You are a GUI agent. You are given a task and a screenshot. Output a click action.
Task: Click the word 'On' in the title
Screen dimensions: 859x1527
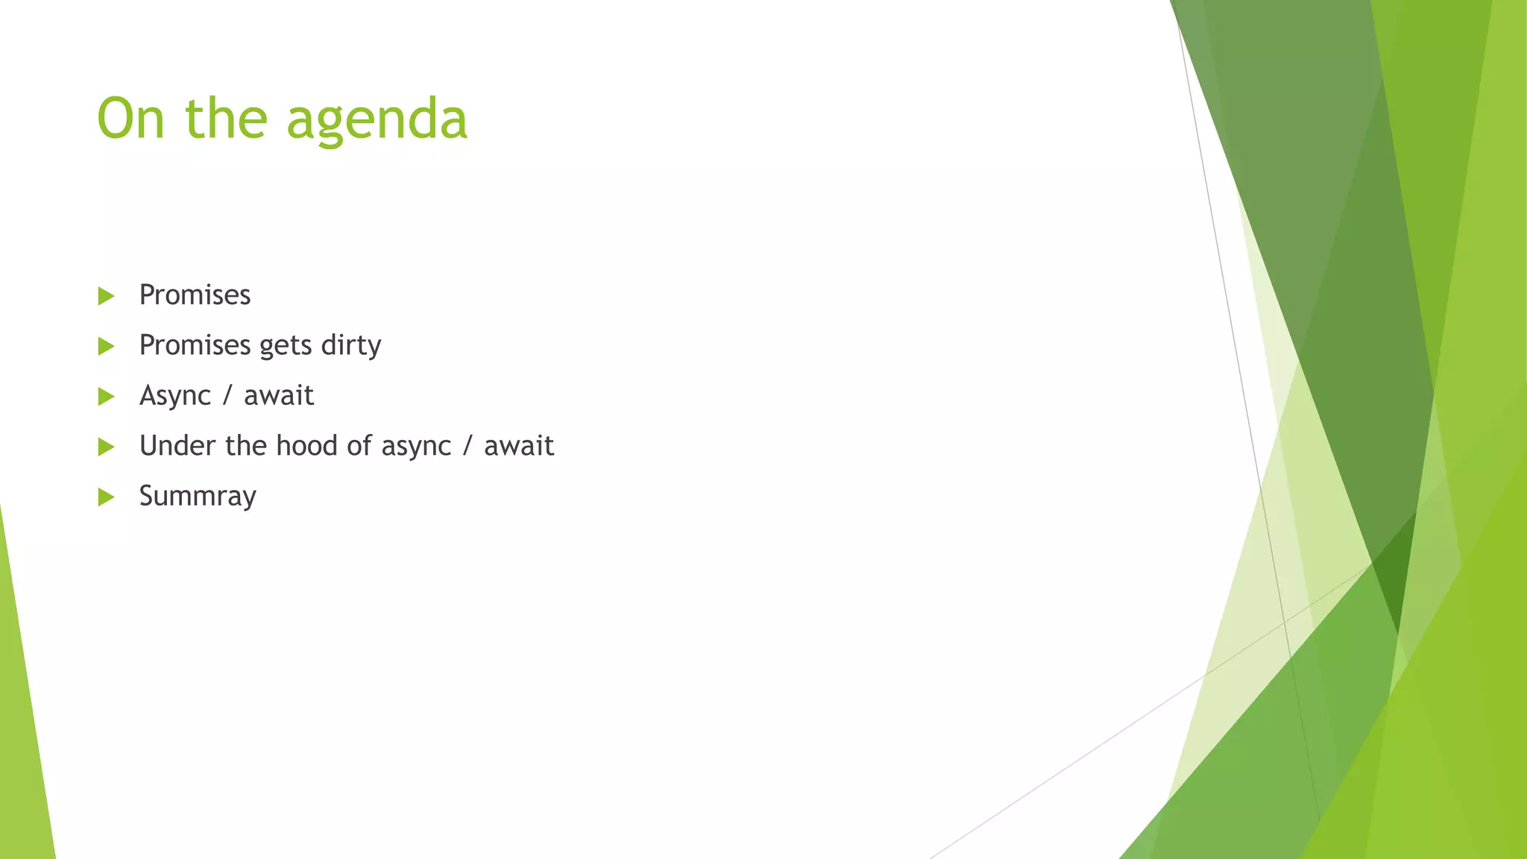pyautogui.click(x=130, y=119)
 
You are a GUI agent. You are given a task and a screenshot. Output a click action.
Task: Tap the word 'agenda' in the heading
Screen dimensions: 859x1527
pyautogui.click(x=377, y=121)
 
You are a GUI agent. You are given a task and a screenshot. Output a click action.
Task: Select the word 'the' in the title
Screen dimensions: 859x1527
pyautogui.click(x=226, y=119)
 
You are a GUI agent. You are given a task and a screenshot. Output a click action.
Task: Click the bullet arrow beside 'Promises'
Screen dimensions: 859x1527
pyautogui.click(x=106, y=296)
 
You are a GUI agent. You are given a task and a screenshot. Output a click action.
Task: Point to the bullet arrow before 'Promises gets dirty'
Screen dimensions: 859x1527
pyautogui.click(x=106, y=346)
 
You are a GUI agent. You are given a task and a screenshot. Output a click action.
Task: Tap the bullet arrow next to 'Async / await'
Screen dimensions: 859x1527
pyautogui.click(x=106, y=396)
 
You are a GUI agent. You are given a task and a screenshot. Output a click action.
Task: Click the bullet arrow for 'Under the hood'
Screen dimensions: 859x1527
pyautogui.click(x=106, y=447)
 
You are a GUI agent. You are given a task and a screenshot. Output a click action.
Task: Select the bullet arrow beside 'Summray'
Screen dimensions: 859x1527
pyautogui.click(x=106, y=497)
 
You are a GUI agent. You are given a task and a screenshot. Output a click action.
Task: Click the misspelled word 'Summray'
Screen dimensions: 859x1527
pyautogui.click(x=198, y=496)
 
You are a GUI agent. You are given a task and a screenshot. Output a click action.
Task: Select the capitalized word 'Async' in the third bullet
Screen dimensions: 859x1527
pyautogui.click(x=175, y=396)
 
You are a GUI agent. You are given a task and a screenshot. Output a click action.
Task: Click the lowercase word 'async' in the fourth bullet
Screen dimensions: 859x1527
pyautogui.click(x=416, y=447)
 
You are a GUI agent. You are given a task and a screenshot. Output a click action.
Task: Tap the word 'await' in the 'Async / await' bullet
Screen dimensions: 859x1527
pyautogui.click(x=279, y=395)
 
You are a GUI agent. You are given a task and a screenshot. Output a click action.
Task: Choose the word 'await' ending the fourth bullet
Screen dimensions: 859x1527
pyautogui.click(x=519, y=446)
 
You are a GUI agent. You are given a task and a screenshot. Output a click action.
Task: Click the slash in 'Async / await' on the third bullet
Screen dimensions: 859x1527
pyautogui.click(x=227, y=395)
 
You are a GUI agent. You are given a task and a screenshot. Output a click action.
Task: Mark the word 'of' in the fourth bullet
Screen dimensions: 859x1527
pyautogui.click(x=359, y=445)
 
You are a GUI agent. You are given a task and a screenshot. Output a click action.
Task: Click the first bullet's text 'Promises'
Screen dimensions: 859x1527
pyautogui.click(x=195, y=295)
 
